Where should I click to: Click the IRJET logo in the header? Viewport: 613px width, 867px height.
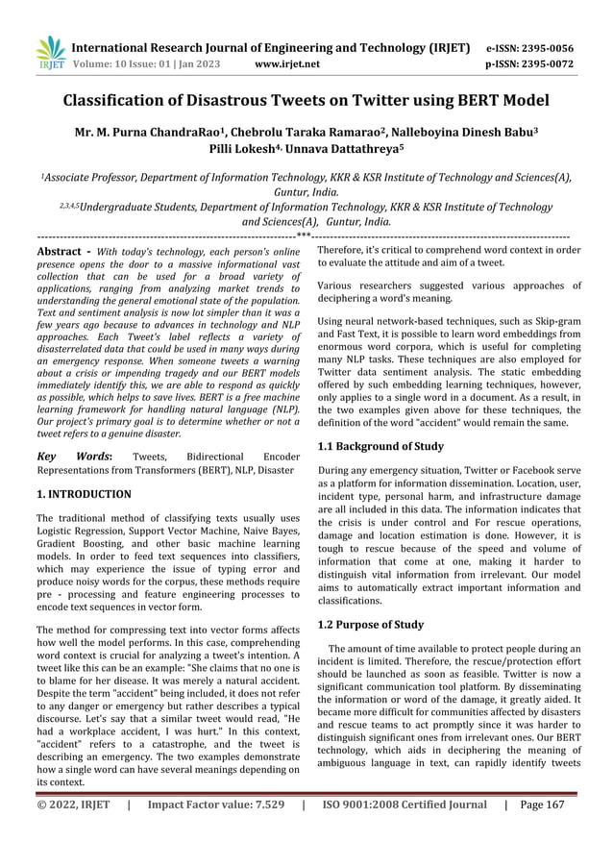coord(50,53)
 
